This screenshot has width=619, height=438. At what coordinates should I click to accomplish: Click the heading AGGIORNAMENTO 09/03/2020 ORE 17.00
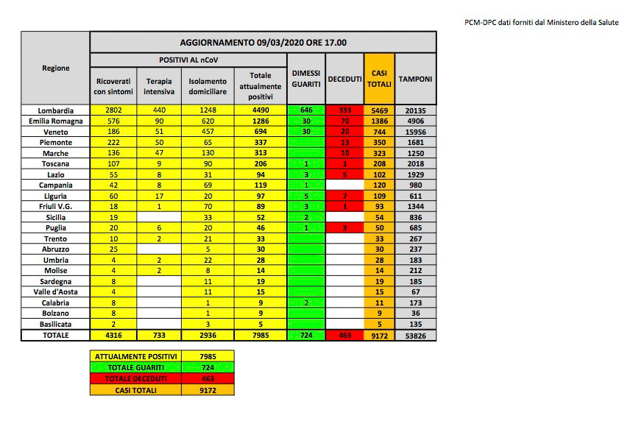pyautogui.click(x=263, y=43)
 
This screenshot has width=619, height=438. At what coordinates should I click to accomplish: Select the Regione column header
pyautogui.click(x=56, y=68)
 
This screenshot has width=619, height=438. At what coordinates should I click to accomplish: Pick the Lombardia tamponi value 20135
pyautogui.click(x=415, y=110)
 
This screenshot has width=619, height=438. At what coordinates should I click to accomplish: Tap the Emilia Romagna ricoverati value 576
pyautogui.click(x=113, y=121)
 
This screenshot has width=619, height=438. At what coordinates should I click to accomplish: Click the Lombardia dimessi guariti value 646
pyautogui.click(x=306, y=110)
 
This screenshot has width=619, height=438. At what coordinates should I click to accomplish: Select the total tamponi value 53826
pyautogui.click(x=415, y=335)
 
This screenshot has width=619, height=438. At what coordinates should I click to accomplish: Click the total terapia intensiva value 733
pyautogui.click(x=160, y=335)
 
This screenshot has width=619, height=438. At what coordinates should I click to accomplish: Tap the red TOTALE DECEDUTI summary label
pyautogui.click(x=132, y=378)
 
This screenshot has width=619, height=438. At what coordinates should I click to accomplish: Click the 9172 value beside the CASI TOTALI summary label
pyautogui.click(x=207, y=389)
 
